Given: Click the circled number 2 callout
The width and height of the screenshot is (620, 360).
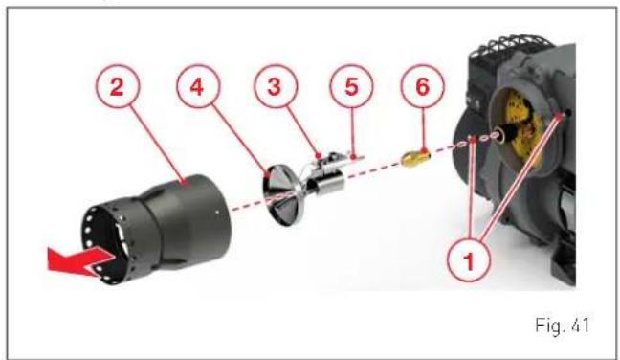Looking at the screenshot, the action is [x=117, y=86].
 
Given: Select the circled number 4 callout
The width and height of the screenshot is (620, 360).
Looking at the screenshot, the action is [x=198, y=86].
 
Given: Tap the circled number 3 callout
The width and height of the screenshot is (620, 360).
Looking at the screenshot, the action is [x=276, y=86].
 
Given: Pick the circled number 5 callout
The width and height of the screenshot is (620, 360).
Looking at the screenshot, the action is [x=351, y=86].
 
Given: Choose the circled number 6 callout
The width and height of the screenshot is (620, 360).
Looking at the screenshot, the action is [x=422, y=86].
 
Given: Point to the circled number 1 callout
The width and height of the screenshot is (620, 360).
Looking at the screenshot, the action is [x=469, y=260].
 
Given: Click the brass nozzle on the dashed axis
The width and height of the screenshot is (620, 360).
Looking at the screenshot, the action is [x=414, y=158].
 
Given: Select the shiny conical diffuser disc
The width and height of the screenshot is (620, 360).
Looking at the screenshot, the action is [x=281, y=196].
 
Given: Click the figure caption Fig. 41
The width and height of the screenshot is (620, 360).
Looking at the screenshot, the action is [x=562, y=326].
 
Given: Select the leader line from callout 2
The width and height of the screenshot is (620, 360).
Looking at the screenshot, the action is [x=157, y=145].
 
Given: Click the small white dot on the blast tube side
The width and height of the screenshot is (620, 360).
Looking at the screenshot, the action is [x=217, y=212].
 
